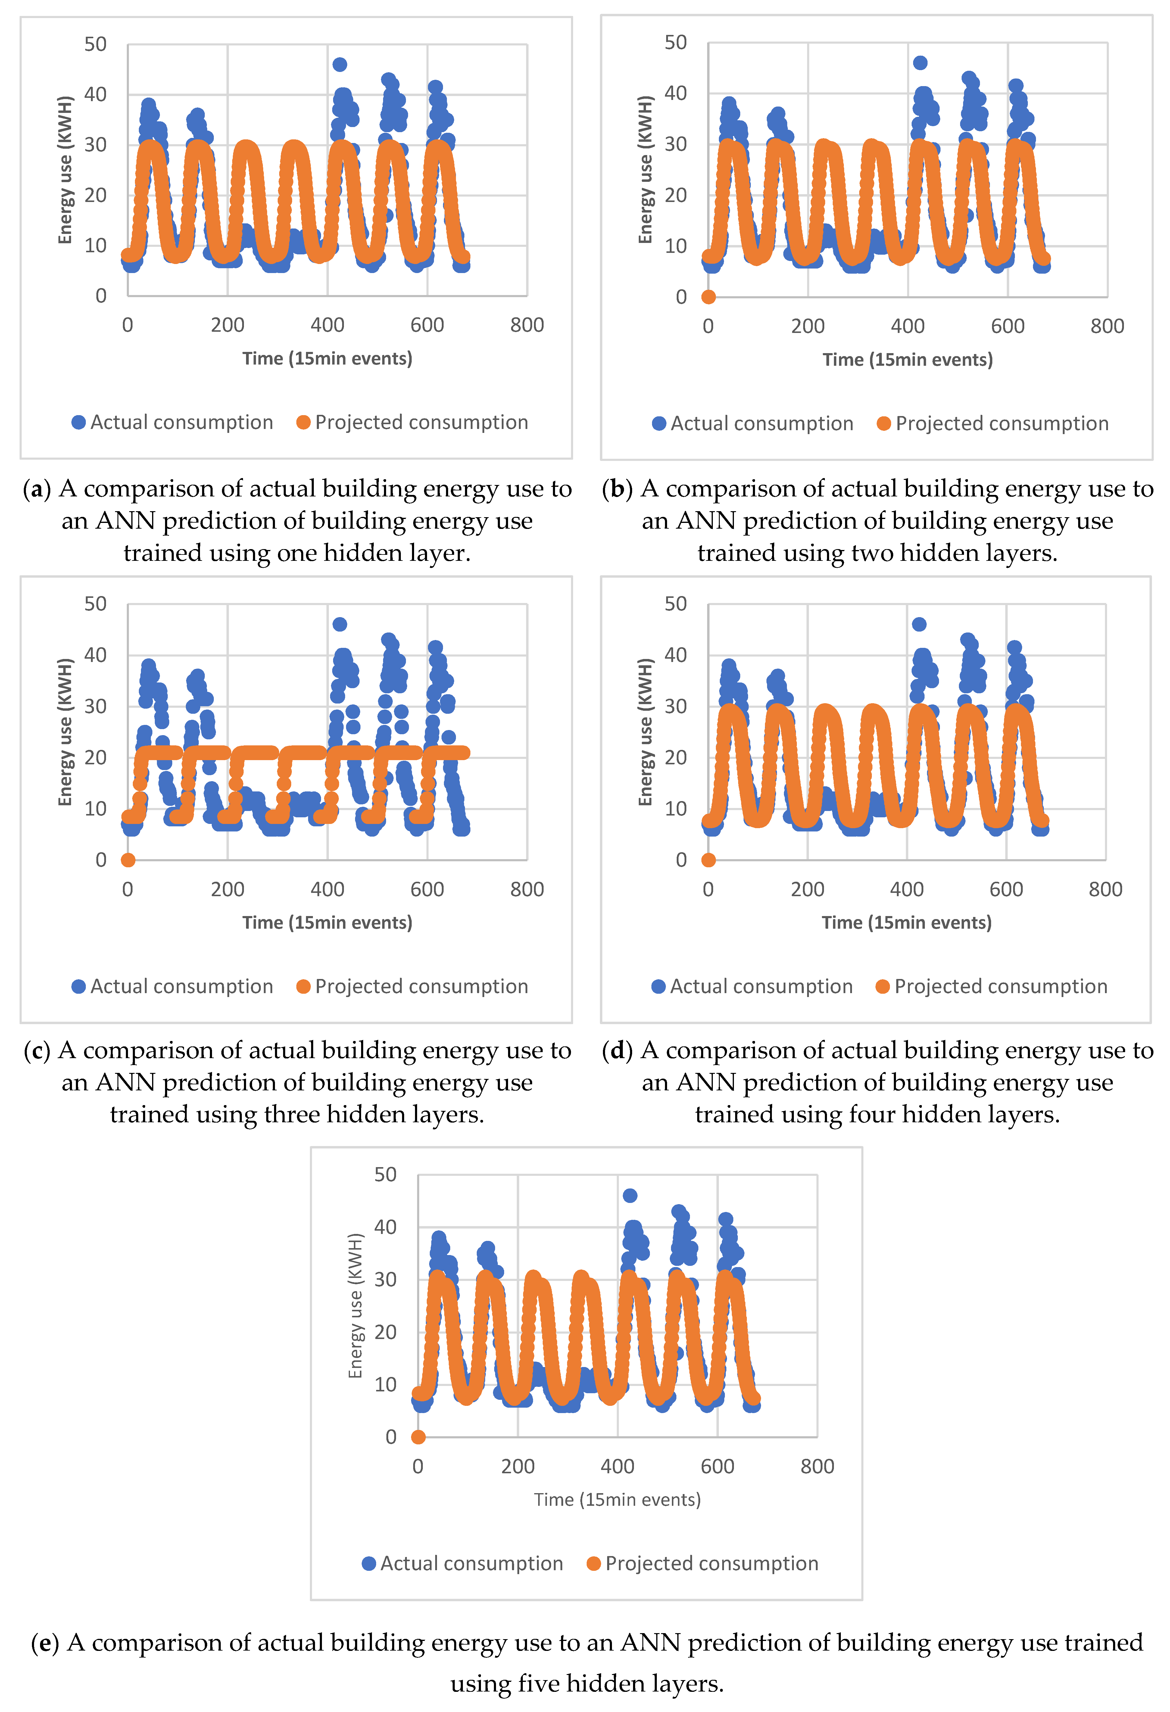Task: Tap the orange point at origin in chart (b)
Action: click(708, 297)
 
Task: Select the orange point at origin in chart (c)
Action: click(127, 860)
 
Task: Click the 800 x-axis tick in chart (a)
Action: click(527, 325)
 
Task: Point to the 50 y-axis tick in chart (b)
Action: click(675, 43)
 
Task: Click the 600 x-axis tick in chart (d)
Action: click(1006, 889)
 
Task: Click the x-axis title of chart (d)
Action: click(906, 922)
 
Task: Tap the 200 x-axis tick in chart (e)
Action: click(518, 1466)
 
